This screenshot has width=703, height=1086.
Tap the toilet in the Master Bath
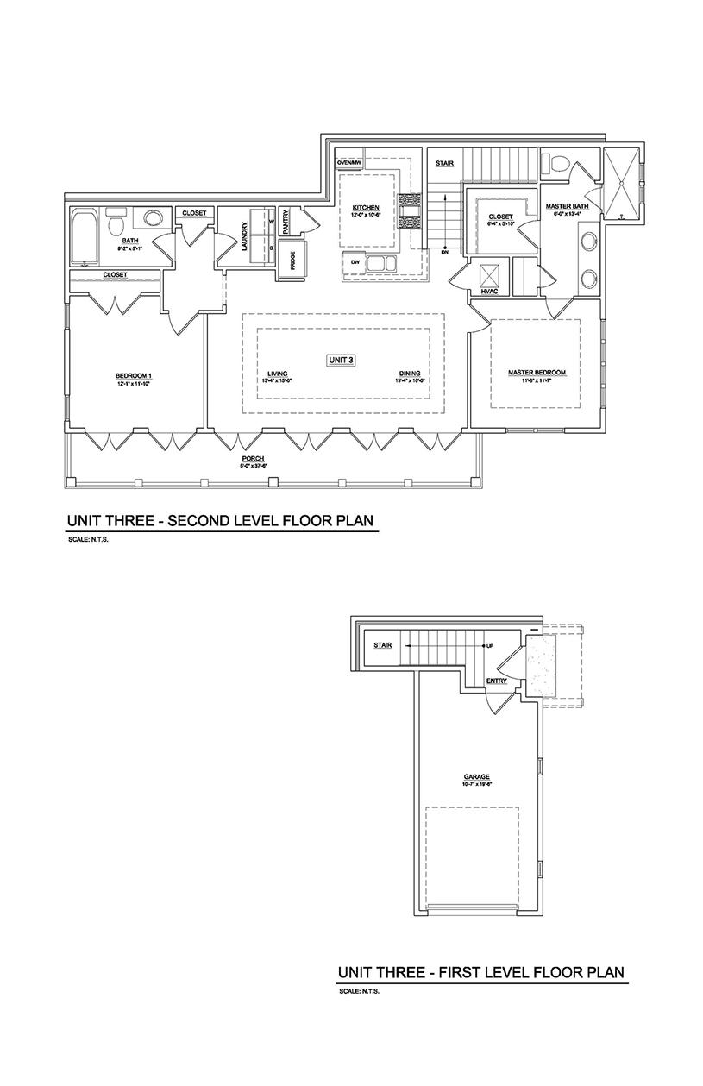557,162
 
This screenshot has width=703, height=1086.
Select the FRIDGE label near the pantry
293,261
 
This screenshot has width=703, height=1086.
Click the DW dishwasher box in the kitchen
355,261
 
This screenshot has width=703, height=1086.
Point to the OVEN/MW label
348,161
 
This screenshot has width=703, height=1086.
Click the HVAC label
490,292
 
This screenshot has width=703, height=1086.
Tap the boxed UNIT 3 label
341,360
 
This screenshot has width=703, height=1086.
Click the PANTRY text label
286,222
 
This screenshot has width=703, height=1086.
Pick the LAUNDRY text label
245,234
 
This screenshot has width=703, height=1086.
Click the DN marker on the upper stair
444,253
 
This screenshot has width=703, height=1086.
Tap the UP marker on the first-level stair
489,645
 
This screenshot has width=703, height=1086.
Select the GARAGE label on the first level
476,776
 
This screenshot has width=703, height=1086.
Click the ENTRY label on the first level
497,681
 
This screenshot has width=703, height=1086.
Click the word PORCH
253,458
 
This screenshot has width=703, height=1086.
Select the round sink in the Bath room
152,218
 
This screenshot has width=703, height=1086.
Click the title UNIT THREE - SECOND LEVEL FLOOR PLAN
221,521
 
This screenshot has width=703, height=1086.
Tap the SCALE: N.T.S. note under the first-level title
360,991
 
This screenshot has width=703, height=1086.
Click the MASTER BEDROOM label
537,373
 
